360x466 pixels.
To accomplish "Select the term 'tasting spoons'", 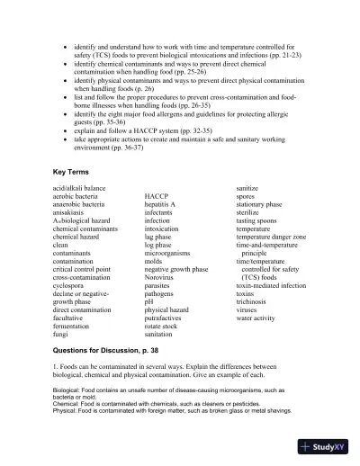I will (262, 219).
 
